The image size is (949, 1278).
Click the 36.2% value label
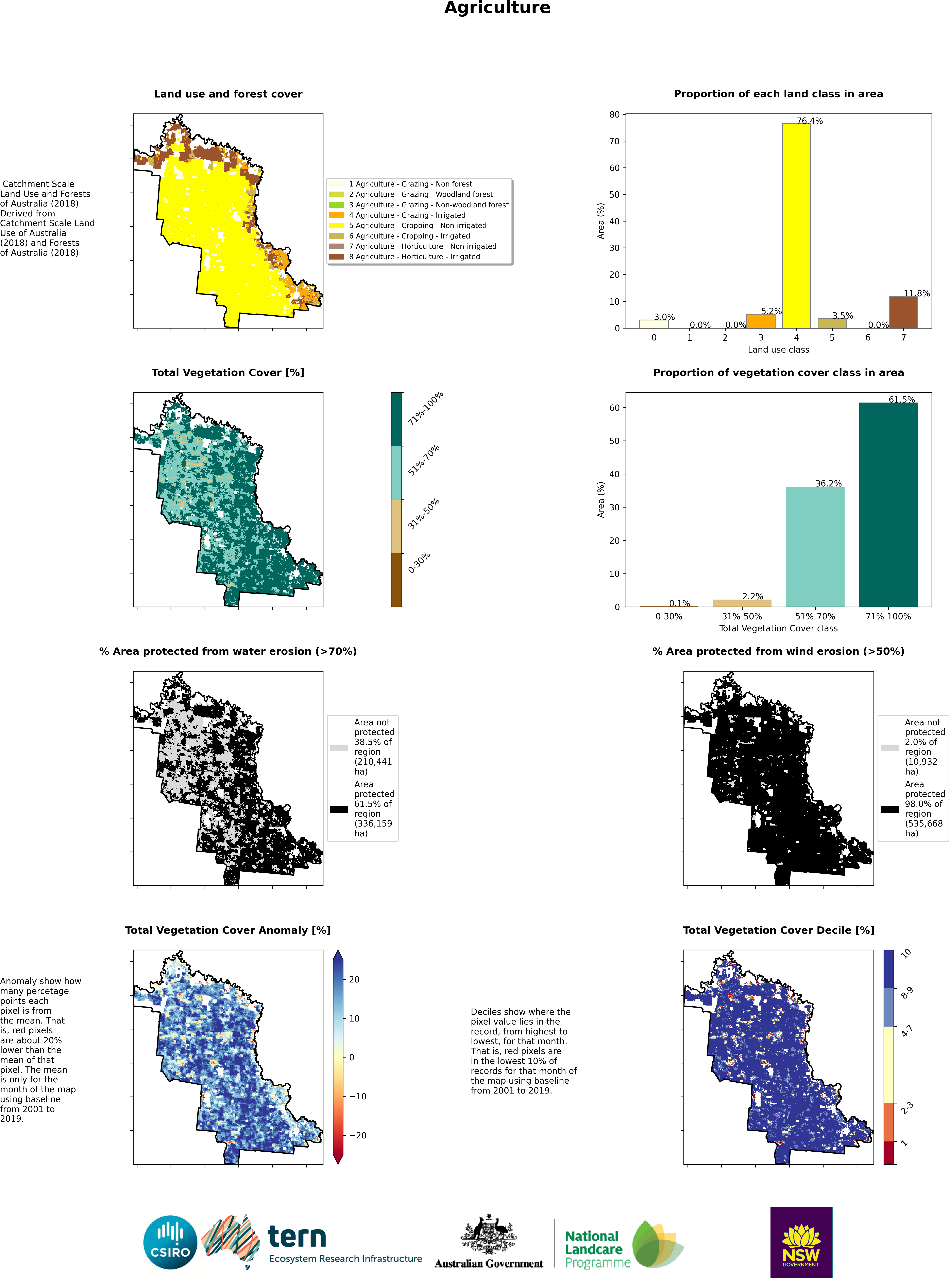pyautogui.click(x=828, y=483)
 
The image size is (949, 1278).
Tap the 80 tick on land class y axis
pyautogui.click(x=615, y=115)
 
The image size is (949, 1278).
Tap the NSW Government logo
pyautogui.click(x=801, y=1242)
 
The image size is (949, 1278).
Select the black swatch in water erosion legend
pyautogui.click(x=339, y=810)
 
